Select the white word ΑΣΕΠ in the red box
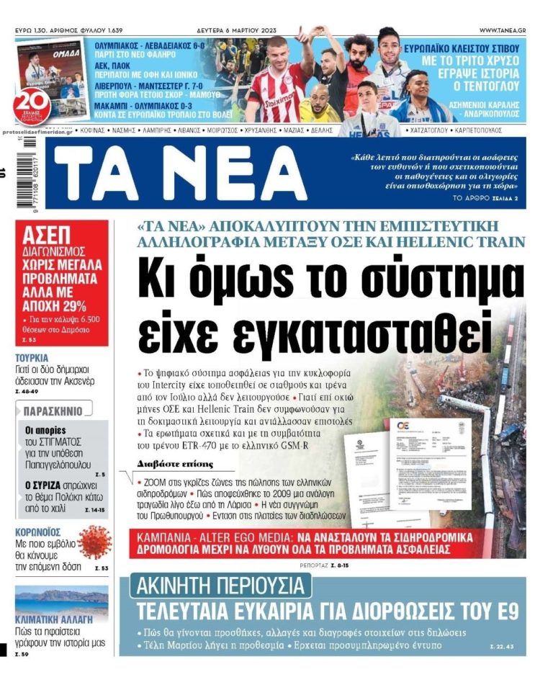[x=47, y=235]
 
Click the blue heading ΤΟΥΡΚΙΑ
[x=32, y=358]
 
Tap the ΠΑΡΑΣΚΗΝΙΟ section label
[x=53, y=411]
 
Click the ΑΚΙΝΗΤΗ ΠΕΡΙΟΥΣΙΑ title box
[x=220, y=586]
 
